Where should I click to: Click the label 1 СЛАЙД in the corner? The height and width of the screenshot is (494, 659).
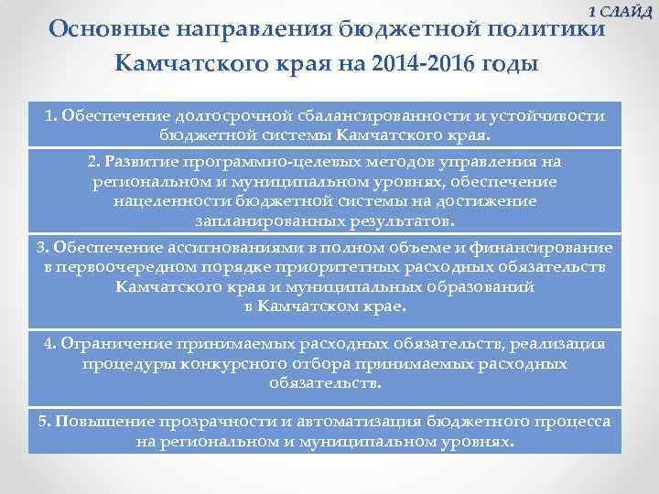(x=620, y=11)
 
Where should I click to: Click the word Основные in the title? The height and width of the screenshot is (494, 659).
(x=106, y=29)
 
